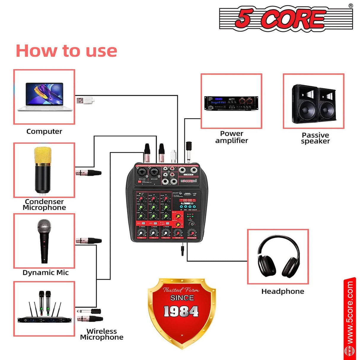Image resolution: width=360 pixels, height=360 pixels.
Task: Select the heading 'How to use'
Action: tap(66, 51)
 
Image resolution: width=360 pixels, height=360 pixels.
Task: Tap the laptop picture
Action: tap(44, 97)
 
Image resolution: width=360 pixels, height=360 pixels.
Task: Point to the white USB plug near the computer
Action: tap(85, 101)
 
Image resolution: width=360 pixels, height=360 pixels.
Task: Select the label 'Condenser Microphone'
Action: tap(44, 205)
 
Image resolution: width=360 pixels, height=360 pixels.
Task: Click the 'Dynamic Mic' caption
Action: tap(45, 273)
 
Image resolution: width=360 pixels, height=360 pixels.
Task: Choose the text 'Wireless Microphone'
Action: tap(101, 334)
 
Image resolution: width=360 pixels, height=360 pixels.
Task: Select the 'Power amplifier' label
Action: tap(232, 137)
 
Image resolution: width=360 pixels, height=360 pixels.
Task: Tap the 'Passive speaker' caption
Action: tap(315, 138)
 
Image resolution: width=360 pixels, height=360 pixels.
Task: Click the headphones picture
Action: tap(278, 257)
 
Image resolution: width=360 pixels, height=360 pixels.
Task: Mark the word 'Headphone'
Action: tap(283, 291)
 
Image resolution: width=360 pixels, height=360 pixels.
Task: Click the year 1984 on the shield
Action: tap(181, 311)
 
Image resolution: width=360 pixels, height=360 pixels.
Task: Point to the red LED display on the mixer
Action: tap(187, 200)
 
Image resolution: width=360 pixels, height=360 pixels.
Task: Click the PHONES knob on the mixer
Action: tap(192, 232)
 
